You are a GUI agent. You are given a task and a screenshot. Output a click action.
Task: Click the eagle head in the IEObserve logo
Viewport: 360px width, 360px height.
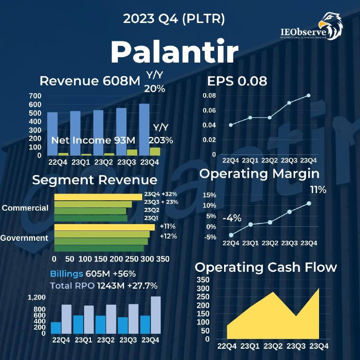point(331,26)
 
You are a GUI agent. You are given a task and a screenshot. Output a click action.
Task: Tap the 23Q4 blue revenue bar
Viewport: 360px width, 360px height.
point(144,130)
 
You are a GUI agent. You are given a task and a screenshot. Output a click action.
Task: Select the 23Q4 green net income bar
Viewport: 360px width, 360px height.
point(155,152)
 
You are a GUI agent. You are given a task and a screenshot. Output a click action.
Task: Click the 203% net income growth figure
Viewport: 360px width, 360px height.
point(161,140)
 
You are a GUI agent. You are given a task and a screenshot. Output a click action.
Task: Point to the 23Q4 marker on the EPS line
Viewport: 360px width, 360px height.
point(309,95)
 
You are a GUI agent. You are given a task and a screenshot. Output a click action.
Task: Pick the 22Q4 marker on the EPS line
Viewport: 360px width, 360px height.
point(231,125)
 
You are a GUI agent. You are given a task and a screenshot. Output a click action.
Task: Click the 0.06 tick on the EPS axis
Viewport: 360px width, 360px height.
point(209,110)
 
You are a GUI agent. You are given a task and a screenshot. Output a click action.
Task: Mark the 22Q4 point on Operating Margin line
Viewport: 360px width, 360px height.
point(231,235)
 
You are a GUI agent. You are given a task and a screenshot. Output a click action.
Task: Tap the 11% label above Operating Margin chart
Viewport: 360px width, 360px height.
point(318,190)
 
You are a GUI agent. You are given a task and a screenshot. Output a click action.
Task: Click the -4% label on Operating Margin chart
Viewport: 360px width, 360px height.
point(232,218)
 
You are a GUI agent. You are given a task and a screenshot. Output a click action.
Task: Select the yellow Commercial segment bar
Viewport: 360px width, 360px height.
point(98,197)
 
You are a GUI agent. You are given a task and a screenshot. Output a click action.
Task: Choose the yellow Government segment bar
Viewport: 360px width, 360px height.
point(104,227)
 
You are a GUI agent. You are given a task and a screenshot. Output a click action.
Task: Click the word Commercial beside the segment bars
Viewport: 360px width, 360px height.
point(25,208)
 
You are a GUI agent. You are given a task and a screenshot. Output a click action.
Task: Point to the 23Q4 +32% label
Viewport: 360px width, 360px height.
point(161,194)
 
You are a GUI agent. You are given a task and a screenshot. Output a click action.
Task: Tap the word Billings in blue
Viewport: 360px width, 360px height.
point(67,274)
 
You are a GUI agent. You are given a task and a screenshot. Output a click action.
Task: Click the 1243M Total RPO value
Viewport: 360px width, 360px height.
point(111,286)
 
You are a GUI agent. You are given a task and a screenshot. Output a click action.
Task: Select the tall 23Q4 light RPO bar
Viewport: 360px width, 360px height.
point(156,315)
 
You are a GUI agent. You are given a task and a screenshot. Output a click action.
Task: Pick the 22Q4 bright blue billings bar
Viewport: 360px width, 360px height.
point(56,328)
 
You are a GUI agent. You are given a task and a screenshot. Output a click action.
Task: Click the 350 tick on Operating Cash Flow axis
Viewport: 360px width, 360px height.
point(203,279)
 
